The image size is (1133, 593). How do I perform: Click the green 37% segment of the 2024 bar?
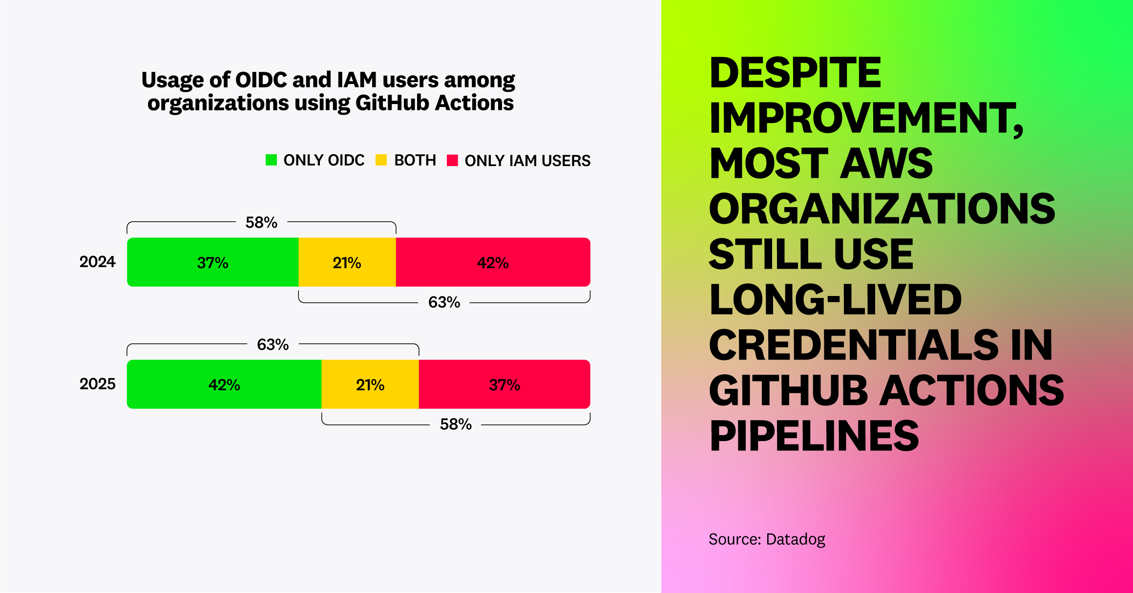[x=212, y=262]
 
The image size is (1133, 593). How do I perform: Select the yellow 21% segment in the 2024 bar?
[x=347, y=262]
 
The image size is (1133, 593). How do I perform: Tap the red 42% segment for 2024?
[x=493, y=262]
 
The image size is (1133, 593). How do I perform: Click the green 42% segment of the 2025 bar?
[x=224, y=384]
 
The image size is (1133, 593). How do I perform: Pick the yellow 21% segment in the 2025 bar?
[x=370, y=384]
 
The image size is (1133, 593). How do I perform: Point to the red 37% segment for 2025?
[x=504, y=384]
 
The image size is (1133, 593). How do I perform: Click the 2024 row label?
[x=97, y=262]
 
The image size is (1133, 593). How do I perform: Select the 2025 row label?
[x=97, y=384]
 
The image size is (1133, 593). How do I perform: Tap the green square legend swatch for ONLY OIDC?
[x=271, y=160]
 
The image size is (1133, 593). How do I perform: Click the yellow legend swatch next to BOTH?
[x=381, y=160]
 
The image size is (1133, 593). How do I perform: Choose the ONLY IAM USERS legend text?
[x=527, y=161]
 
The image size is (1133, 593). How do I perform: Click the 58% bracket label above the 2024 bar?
[x=261, y=222]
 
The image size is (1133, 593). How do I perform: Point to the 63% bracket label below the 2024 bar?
[x=444, y=302]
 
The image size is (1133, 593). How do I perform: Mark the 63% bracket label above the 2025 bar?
[x=273, y=344]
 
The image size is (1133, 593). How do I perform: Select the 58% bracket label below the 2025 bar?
[x=456, y=424]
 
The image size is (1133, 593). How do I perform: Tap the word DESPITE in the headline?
[x=795, y=73]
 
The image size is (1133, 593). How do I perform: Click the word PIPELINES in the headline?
[x=814, y=436]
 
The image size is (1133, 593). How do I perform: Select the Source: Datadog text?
[x=767, y=539]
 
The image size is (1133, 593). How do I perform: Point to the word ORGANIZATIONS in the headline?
[x=882, y=209]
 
